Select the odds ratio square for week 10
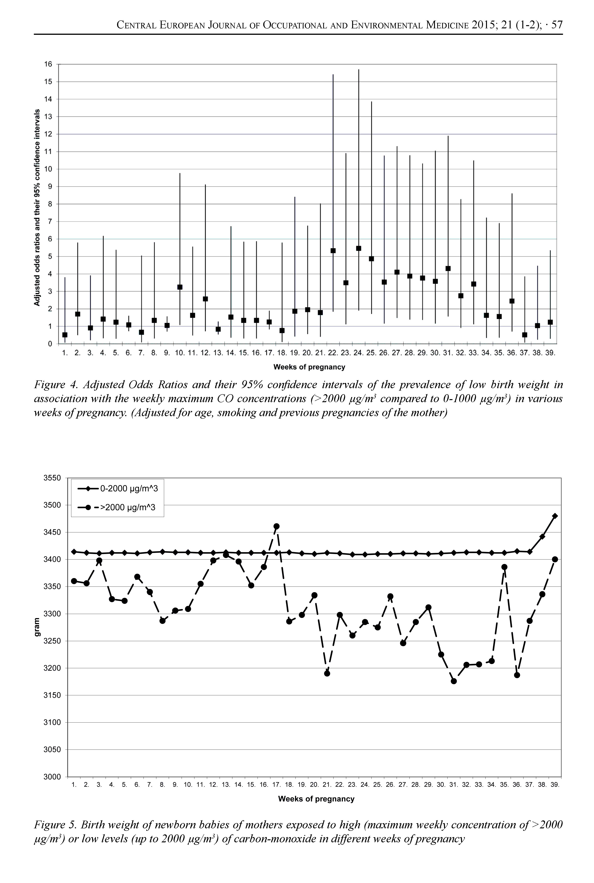(180, 287)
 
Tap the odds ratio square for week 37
(525, 335)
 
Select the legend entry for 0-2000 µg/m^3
(117, 489)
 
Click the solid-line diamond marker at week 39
(555, 516)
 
